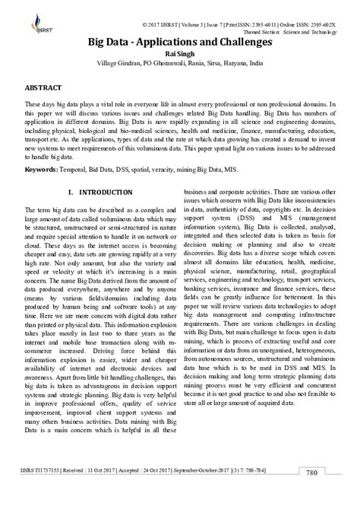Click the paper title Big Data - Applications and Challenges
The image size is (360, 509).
click(x=180, y=43)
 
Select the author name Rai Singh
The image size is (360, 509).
click(x=180, y=55)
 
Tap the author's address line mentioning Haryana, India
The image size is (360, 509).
click(x=180, y=65)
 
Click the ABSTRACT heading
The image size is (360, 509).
click(x=43, y=88)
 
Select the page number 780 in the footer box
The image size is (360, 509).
click(x=333, y=494)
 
